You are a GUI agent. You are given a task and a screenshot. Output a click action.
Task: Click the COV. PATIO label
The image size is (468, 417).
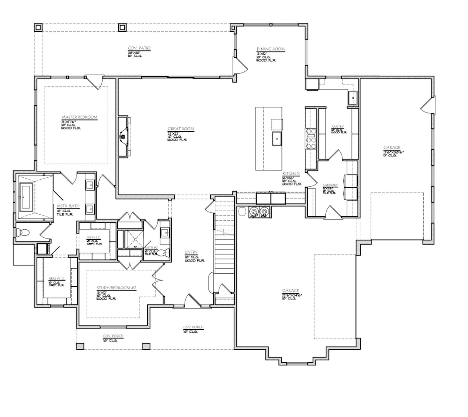pyautogui.click(x=139, y=48)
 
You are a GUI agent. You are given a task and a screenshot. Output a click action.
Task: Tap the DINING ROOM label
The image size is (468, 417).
pyautogui.click(x=270, y=49)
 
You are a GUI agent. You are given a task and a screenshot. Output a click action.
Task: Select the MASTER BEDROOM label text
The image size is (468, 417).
pyautogui.click(x=79, y=117)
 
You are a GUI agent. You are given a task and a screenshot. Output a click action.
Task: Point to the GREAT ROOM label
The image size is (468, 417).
pyautogui.click(x=181, y=129)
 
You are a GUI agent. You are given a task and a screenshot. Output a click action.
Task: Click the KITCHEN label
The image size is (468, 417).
pyautogui.click(x=291, y=173)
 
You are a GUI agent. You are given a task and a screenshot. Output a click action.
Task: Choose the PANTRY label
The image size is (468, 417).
pyautogui.click(x=338, y=126)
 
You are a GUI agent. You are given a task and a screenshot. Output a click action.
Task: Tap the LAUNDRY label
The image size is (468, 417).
pyautogui.click(x=330, y=185)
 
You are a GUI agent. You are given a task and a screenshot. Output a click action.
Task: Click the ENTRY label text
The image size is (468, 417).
pyautogui.click(x=191, y=252)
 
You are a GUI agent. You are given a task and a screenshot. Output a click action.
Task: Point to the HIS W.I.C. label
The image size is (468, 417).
pyautogui.click(x=93, y=238)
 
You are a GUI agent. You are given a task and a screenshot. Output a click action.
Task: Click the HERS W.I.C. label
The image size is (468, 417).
pyautogui.click(x=56, y=278)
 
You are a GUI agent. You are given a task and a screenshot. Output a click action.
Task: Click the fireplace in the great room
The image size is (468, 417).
pyautogui.click(x=123, y=136)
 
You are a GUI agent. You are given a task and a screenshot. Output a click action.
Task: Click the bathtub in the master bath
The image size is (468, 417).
pyautogui.click(x=27, y=197)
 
